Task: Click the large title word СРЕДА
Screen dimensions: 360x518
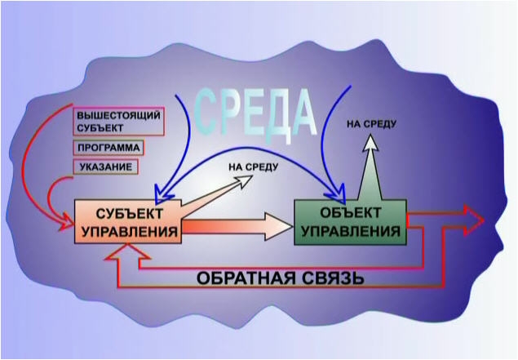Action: (x=256, y=109)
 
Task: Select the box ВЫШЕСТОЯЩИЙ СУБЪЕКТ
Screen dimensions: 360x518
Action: (x=118, y=121)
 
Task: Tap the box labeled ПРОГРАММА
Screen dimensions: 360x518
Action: (x=108, y=149)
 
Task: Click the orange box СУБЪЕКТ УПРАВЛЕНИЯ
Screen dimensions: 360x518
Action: (x=128, y=220)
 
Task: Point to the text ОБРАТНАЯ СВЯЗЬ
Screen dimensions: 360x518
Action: (x=280, y=277)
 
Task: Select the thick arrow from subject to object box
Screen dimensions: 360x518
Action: (x=237, y=224)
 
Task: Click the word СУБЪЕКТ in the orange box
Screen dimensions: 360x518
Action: (x=128, y=212)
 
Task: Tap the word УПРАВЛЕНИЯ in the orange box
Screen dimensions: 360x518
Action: (x=128, y=230)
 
